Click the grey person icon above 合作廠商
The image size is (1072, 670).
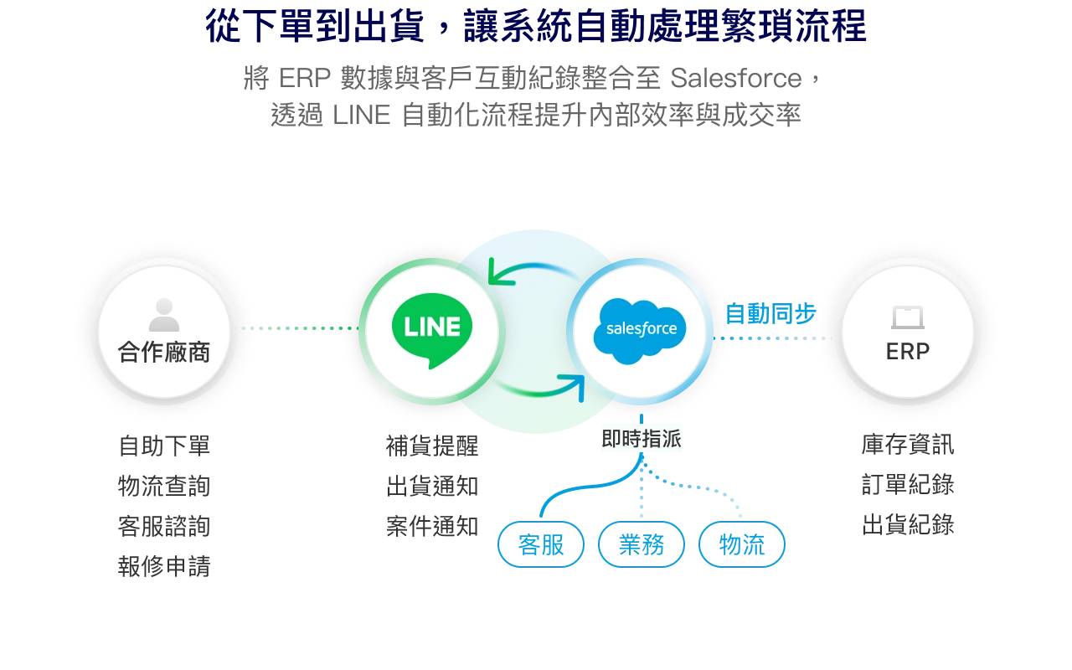coord(163,315)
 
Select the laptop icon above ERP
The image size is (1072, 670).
coord(907,317)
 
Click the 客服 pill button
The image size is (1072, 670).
coord(541,544)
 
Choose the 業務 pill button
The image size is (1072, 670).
coord(642,544)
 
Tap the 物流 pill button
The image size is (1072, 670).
coord(742,544)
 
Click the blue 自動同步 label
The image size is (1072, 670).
coord(770,314)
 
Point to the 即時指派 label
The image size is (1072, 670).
coord(642,438)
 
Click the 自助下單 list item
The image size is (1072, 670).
coord(164,446)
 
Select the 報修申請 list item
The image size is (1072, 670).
coord(164,566)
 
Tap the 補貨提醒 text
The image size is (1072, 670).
coord(432,446)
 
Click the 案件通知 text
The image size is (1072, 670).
coord(432,526)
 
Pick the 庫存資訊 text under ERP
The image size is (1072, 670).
coord(908,444)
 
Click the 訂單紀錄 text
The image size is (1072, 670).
coord(908,484)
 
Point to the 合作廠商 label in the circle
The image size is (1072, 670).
coord(164,353)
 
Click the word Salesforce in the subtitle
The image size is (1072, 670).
coord(735,78)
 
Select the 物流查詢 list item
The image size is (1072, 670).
coord(164,486)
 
